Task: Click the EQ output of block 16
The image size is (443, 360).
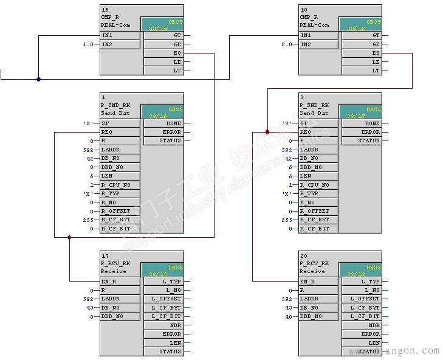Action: (176, 53)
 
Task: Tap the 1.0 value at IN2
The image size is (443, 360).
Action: (89, 44)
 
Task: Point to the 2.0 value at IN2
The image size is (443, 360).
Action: (287, 44)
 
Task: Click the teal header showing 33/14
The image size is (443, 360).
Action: (162, 24)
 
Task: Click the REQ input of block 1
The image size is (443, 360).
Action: (107, 132)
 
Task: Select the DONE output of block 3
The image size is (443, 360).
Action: (371, 123)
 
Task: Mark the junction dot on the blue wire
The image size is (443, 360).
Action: (38, 79)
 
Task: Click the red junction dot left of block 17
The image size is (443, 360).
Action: (69, 238)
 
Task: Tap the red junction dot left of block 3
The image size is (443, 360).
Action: (267, 132)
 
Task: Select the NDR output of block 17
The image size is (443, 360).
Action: (176, 325)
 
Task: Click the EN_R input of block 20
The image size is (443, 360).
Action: (307, 282)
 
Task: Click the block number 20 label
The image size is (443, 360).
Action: (304, 256)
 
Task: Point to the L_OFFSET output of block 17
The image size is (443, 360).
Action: (167, 299)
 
